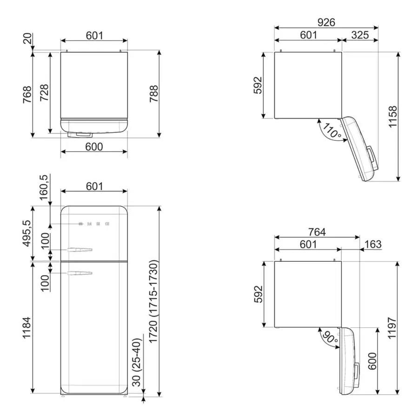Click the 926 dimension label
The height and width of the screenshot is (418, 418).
(x=326, y=22)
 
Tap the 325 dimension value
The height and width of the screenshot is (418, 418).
(x=360, y=35)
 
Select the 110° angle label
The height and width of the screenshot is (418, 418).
(x=332, y=131)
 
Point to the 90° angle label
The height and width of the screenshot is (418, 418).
(x=330, y=337)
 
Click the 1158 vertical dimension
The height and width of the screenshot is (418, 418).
(x=393, y=117)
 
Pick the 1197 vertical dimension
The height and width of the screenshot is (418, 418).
(x=392, y=328)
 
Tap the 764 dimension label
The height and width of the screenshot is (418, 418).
(x=317, y=232)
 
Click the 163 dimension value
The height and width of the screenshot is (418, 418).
(x=373, y=244)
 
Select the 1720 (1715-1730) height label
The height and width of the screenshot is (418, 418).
(x=153, y=302)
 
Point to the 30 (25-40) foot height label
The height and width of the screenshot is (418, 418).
(x=137, y=363)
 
